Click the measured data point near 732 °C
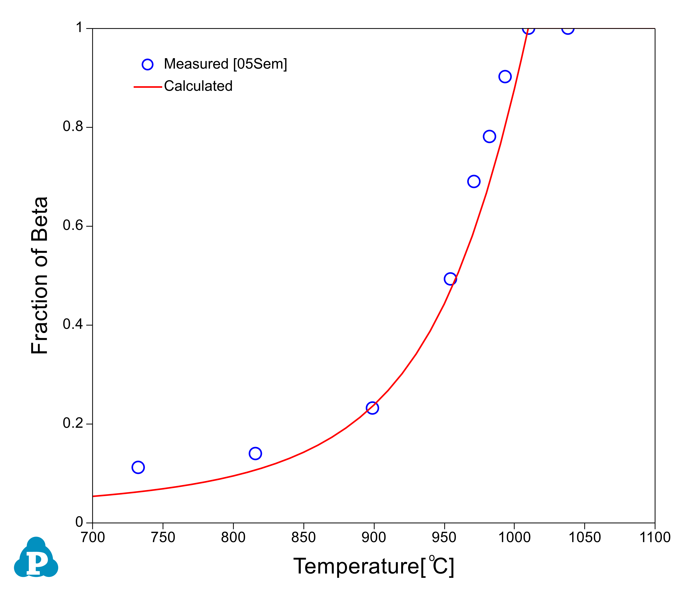click(138, 467)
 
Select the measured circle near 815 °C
click(255, 454)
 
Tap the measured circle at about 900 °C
click(372, 408)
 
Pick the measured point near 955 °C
click(450, 279)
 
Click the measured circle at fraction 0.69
click(474, 182)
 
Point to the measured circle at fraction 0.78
click(489, 136)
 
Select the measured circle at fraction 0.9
click(505, 77)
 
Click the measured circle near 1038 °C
click(568, 29)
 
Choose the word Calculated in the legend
click(198, 86)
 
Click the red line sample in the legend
click(148, 87)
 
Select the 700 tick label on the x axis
click(93, 537)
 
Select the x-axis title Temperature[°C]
click(373, 566)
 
